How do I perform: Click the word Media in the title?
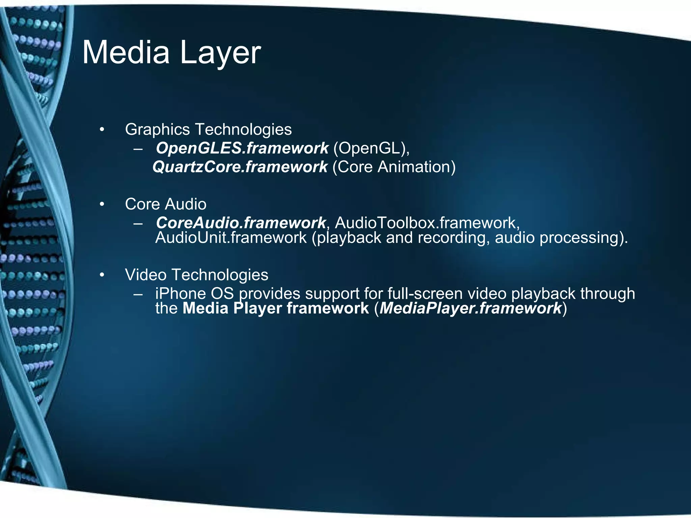tap(126, 53)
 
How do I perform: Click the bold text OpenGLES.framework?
tap(242, 148)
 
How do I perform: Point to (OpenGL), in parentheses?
tap(371, 148)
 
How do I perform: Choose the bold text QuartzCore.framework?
tap(240, 167)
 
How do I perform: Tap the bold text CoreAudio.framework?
tap(241, 223)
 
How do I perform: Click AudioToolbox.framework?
tap(427, 223)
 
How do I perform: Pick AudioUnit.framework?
tap(231, 238)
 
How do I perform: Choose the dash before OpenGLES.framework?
tap(138, 149)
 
